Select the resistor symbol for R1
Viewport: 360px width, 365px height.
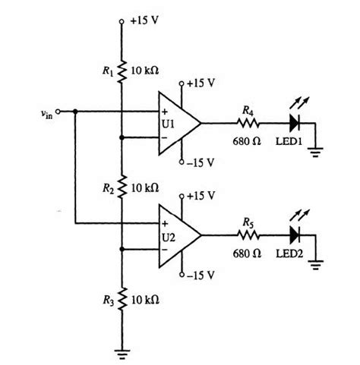coord(122,72)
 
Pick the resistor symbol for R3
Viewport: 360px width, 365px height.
coord(122,300)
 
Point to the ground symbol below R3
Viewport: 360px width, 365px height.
coord(122,351)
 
